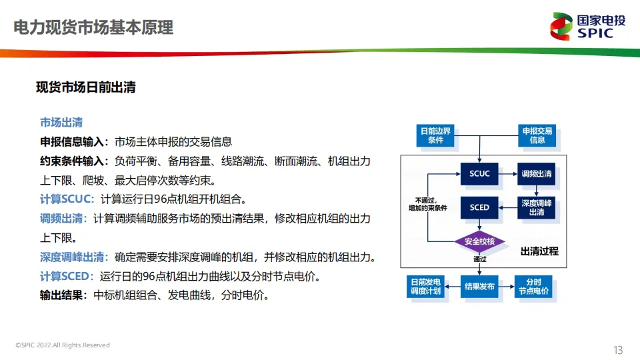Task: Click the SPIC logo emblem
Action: pos(561,27)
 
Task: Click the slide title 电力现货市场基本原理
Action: pos(93,28)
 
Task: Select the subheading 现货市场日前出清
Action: pos(86,87)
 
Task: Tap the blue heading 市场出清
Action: pos(61,123)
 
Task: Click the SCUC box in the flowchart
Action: pos(479,174)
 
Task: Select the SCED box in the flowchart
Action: pos(479,207)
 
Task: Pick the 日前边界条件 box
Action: pos(435,135)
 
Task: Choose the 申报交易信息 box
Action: pos(537,135)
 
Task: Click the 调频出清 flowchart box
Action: pos(537,174)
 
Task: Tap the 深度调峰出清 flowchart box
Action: pos(537,207)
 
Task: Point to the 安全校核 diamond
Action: pos(479,241)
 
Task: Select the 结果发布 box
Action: pos(479,287)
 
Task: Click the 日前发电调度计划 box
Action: pos(425,287)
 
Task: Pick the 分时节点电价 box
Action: pos(534,287)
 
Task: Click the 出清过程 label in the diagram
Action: pos(539,251)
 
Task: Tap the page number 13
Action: pos(617,349)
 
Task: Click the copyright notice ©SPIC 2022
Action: pos(63,345)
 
